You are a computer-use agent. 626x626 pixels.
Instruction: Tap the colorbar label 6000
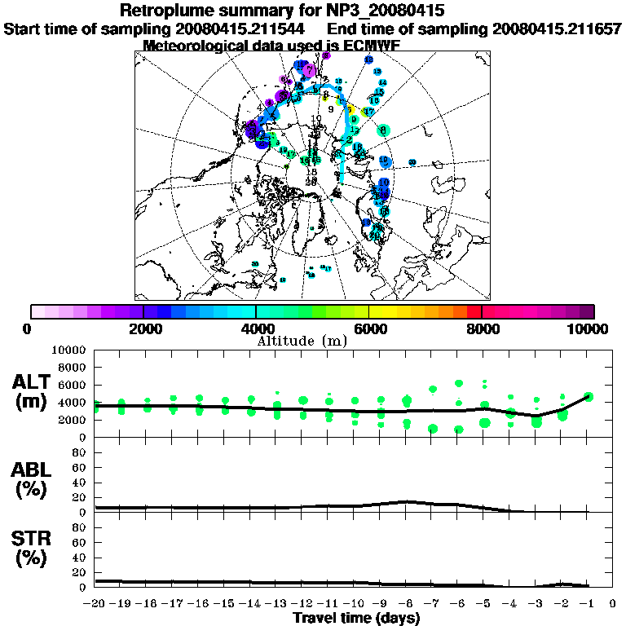coord(368,328)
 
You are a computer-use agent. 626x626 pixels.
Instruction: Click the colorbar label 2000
coord(143,328)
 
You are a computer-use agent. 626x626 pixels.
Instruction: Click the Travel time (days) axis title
coord(356,618)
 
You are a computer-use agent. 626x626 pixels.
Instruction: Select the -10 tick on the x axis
coord(355,604)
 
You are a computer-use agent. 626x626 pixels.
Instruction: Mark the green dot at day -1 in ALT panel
coord(589,397)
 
